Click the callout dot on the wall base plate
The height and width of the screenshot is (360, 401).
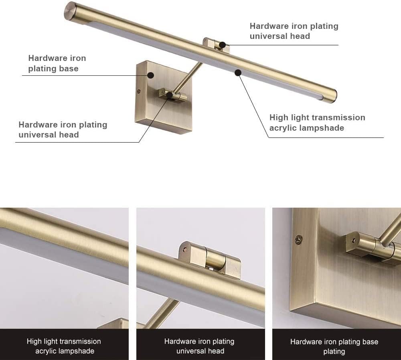[151, 75]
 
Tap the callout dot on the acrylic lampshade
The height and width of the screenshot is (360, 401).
[238, 73]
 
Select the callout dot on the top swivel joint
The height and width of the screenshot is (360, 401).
[223, 45]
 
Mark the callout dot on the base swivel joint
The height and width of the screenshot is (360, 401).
[169, 95]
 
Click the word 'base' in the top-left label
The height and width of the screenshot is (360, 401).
[69, 69]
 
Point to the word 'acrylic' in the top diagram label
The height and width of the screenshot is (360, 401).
[283, 128]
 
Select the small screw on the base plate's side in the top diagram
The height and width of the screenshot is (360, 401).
[139, 90]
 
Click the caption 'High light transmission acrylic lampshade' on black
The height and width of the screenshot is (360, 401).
[64, 346]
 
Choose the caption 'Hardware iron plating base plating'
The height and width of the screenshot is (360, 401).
[334, 346]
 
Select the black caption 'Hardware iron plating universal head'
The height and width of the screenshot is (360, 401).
[199, 346]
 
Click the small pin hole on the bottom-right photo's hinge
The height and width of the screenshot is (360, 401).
[354, 241]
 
